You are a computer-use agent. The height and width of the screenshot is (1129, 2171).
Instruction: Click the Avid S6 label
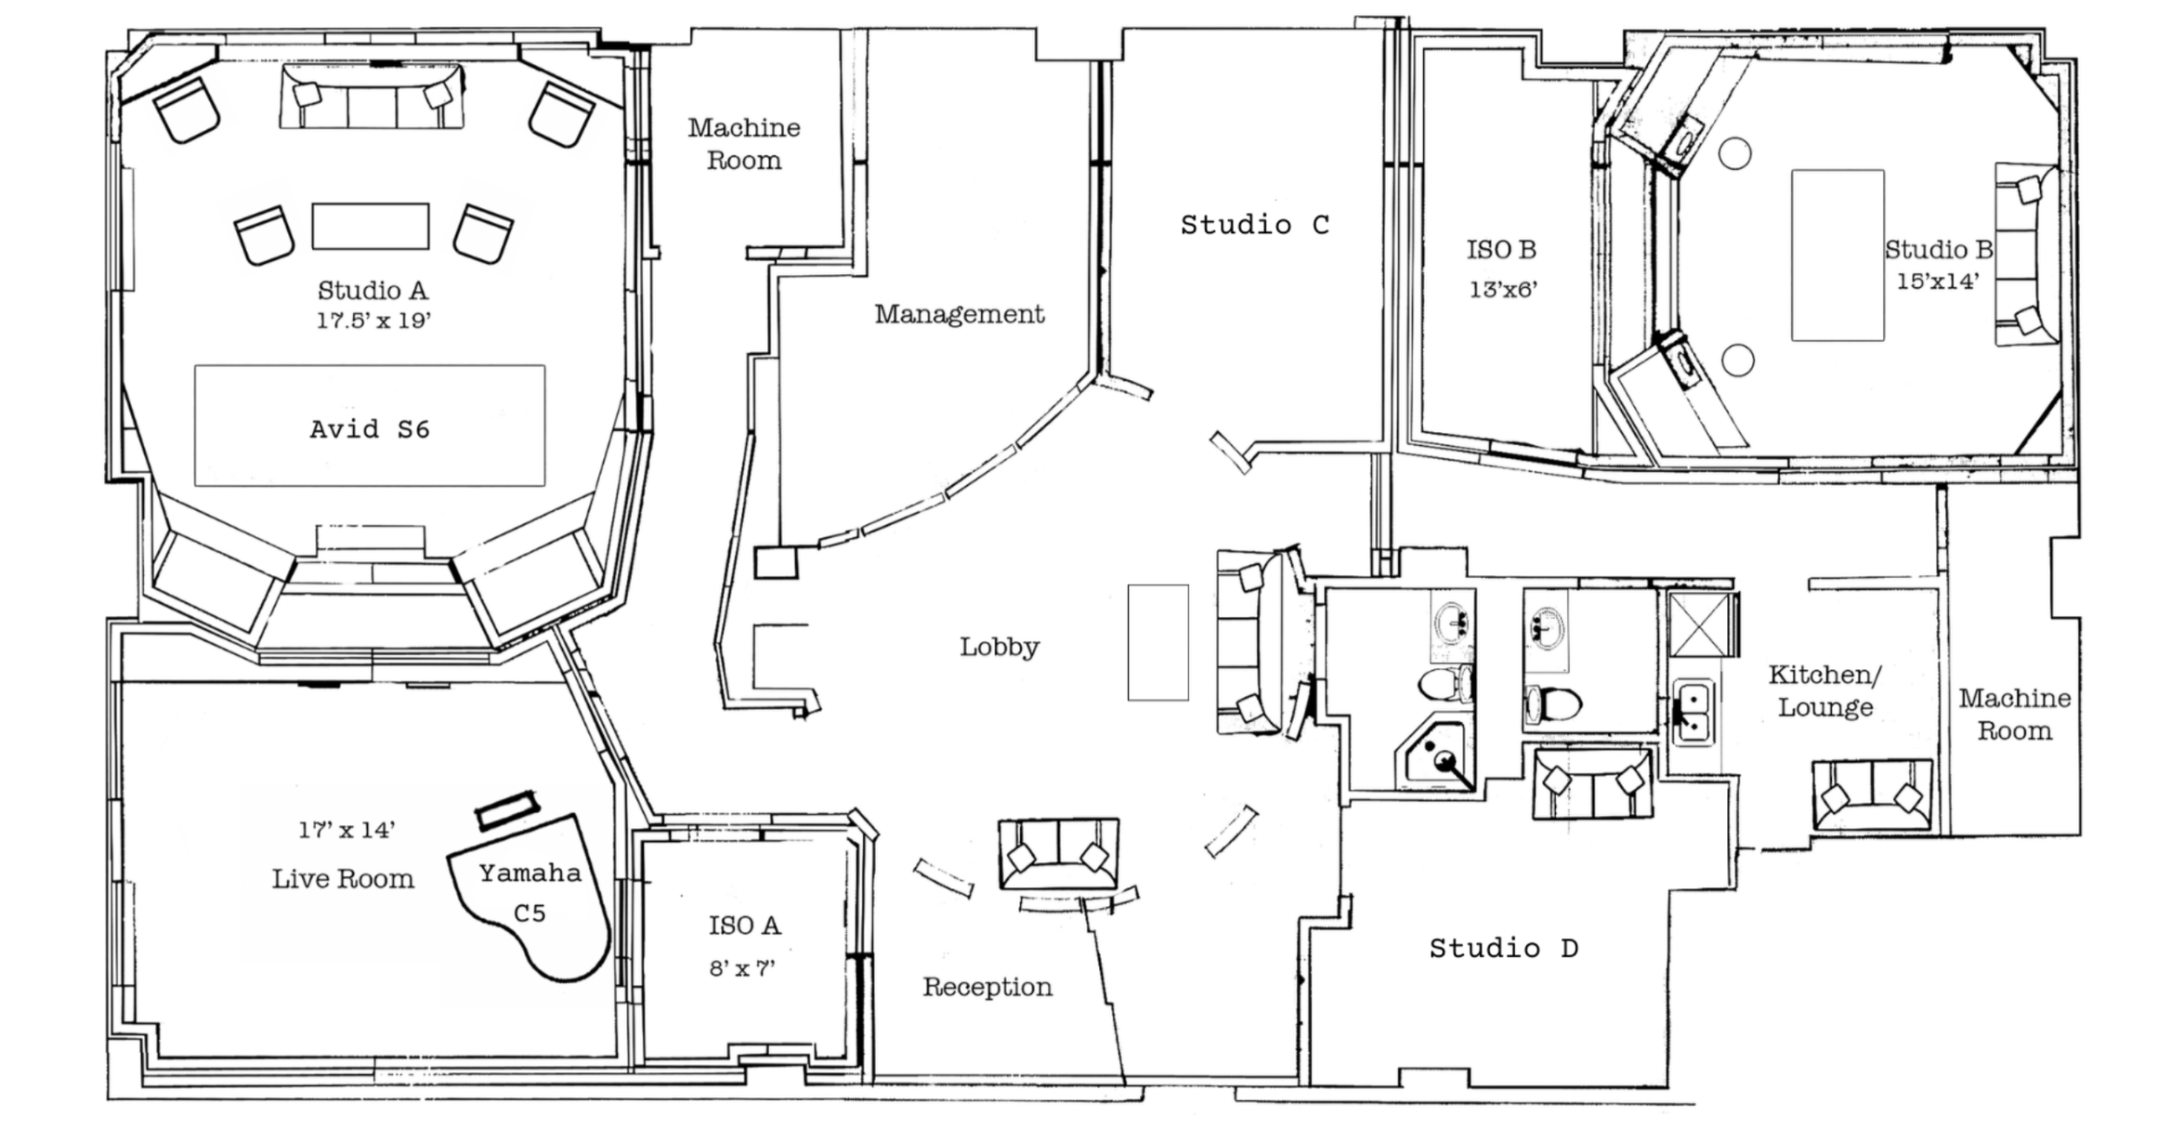(370, 429)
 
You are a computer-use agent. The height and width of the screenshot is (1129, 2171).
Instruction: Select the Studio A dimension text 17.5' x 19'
(373, 321)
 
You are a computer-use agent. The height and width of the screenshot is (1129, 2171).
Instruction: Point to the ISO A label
(744, 926)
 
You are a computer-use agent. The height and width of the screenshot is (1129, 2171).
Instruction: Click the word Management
(960, 314)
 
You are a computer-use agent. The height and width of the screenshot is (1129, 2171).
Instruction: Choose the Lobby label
(999, 647)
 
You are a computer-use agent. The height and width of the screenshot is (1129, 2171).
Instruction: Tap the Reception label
(987, 987)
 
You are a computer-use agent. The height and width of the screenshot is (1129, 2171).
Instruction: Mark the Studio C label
(1255, 225)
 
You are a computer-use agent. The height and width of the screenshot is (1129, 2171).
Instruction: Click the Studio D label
(1503, 949)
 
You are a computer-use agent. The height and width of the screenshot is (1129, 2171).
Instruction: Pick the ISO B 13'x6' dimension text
(1503, 290)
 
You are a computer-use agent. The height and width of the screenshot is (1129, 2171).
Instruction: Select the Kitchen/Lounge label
(1824, 690)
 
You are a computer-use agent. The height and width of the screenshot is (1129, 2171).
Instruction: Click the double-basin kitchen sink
(1694, 713)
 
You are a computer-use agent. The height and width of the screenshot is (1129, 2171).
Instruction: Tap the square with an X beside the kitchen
(1700, 624)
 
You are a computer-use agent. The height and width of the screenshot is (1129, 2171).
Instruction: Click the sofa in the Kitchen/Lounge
(1872, 795)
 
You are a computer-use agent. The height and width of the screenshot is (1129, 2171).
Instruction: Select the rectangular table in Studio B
(1838, 255)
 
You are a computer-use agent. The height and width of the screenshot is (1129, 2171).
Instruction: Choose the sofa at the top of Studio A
(372, 96)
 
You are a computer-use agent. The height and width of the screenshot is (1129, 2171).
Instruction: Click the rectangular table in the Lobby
(1157, 642)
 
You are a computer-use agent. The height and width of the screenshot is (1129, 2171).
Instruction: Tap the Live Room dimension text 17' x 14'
(347, 830)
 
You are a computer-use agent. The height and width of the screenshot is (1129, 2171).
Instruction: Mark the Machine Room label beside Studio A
(744, 144)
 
